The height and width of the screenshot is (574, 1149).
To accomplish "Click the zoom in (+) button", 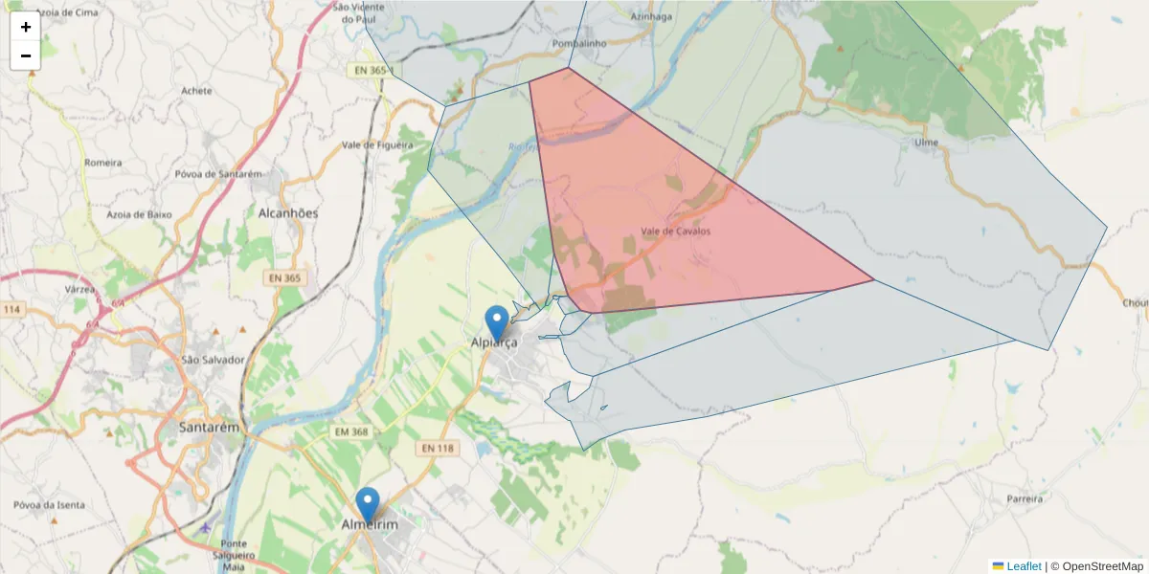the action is (26, 27).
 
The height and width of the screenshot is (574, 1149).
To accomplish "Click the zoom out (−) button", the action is (26, 55).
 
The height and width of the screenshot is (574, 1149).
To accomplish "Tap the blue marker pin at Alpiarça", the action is (497, 322).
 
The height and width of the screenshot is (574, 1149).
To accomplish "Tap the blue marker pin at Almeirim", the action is (367, 504).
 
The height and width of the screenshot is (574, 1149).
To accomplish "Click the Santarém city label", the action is (209, 428).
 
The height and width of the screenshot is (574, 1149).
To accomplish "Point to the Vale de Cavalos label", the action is (676, 231).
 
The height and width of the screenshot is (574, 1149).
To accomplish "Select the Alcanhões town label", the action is (288, 213).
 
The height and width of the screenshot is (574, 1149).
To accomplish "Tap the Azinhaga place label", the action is (652, 16).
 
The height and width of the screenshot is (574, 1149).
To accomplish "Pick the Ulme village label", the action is (926, 143).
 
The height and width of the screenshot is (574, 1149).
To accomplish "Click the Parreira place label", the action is (1024, 499).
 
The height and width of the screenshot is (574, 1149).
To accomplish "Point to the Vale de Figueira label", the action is (377, 145).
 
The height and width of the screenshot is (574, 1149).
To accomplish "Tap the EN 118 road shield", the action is (437, 448).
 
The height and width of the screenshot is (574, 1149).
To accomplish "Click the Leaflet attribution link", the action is (1024, 566).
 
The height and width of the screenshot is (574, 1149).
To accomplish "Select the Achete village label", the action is (196, 91).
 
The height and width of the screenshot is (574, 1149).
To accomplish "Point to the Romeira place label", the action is (103, 163).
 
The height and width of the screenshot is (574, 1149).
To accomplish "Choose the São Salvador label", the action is (214, 360).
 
